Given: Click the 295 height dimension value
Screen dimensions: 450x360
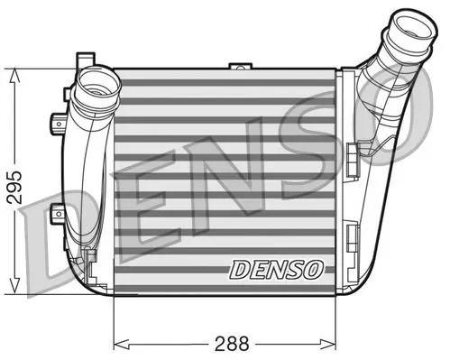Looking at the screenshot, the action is tap(14, 187).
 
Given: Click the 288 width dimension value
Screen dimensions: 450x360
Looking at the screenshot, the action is tap(232, 344).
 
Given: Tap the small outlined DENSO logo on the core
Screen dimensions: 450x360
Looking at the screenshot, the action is tap(277, 269).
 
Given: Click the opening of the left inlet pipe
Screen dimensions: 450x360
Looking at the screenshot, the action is tap(97, 85).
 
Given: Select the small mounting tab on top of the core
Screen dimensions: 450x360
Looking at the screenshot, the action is tap(240, 66).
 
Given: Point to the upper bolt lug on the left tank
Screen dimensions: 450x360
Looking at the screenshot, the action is tap(58, 124).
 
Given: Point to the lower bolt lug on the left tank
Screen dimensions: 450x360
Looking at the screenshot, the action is tap(57, 213).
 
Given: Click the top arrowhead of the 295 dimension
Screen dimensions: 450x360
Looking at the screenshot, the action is tap(14, 75).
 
